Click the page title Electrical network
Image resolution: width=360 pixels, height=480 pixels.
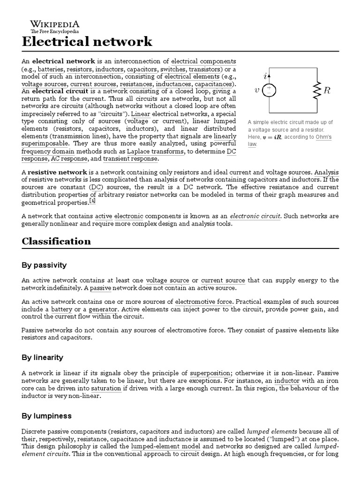point(87,42)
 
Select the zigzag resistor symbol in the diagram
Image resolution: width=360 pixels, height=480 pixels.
point(316,90)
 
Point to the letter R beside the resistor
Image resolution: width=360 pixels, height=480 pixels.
point(327,90)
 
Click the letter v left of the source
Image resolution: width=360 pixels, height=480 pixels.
point(257,90)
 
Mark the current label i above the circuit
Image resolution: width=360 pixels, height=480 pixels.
point(265,75)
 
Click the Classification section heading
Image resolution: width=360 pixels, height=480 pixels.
point(56,241)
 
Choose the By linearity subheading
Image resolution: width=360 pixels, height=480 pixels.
point(42,357)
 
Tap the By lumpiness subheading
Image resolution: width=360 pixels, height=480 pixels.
point(45,416)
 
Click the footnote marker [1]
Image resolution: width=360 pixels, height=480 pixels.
point(93,202)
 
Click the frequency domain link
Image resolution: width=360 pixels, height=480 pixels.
point(45,151)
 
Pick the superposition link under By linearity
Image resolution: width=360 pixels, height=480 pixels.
point(210,373)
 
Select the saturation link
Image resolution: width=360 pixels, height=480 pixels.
point(106,389)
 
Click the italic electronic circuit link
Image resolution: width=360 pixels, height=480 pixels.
point(255,216)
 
